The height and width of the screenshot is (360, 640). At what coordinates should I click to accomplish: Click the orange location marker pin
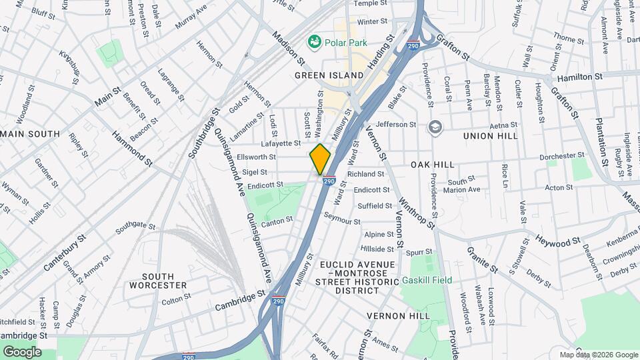pos(320,159)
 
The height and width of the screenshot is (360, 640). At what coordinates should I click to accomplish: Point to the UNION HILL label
pos(491,136)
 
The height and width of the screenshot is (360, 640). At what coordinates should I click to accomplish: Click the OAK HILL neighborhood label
pos(432,164)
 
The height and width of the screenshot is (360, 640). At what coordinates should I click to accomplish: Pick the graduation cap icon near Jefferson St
pos(435,127)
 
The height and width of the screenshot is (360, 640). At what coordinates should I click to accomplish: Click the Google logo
pos(22,351)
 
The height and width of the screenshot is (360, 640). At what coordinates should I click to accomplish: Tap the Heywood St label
pos(554,239)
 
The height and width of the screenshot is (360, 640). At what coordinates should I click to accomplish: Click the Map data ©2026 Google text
pos(598,354)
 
